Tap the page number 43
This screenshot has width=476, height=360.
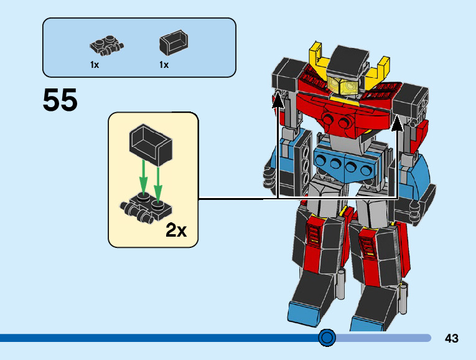tap(452, 338)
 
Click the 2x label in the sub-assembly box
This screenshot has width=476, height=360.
tap(176, 230)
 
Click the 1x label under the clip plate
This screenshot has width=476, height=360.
tap(95, 64)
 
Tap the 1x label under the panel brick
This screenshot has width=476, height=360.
tap(164, 64)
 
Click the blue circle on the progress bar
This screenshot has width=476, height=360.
tap(327, 338)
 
